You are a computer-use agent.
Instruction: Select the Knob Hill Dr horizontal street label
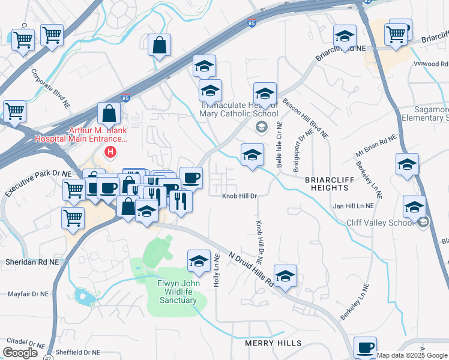coord(240,196)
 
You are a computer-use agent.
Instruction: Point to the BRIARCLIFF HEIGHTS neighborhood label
coord(331,184)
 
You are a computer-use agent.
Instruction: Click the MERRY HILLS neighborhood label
coord(273,343)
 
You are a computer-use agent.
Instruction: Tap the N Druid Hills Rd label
coord(251,268)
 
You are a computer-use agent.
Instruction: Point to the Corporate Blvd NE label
coord(52,89)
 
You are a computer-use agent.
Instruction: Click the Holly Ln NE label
coord(216,272)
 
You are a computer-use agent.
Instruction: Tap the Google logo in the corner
coord(20,353)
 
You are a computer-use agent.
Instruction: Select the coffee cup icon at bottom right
coord(365,347)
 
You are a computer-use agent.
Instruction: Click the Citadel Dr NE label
coord(23,346)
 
